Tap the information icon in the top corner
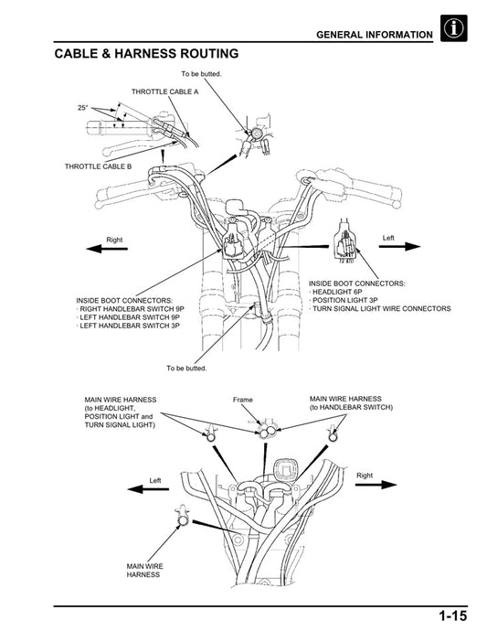click(453, 30)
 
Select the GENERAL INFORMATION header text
click(374, 35)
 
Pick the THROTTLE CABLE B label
click(98, 166)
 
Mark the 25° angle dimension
click(83, 108)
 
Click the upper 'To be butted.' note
click(201, 73)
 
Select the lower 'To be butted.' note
click(186, 369)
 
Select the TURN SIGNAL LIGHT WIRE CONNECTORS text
click(382, 309)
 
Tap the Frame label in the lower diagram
click(242, 401)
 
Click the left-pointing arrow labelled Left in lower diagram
click(152, 488)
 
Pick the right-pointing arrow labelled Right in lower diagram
click(373, 485)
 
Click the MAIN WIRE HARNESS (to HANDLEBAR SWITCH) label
click(351, 403)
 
